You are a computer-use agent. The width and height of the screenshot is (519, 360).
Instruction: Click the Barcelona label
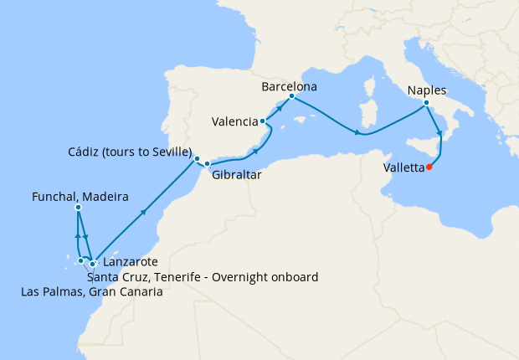[x=289, y=86]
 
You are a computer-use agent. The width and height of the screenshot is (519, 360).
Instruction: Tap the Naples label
[x=427, y=90]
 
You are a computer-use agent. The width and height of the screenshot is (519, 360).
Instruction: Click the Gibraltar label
[x=237, y=176]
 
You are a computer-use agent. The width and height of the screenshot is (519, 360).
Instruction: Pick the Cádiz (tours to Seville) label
[x=130, y=152]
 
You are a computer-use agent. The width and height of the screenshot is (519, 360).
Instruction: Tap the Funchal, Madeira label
[x=79, y=198]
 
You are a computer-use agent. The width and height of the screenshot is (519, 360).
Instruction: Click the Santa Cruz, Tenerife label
[x=202, y=277]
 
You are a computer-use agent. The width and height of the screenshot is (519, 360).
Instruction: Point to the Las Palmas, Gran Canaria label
[x=91, y=292]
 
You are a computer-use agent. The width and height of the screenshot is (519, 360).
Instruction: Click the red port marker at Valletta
[x=429, y=167]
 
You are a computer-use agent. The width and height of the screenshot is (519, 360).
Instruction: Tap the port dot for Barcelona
[x=291, y=96]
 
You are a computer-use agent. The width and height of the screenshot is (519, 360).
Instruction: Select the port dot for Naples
[x=426, y=103]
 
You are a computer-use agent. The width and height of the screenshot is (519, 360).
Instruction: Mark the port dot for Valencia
[x=263, y=121]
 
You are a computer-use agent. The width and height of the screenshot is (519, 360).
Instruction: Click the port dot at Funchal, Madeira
[x=78, y=208]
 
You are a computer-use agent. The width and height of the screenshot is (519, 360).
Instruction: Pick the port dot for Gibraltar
[x=207, y=163]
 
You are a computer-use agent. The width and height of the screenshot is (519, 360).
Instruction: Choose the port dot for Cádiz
[x=197, y=158]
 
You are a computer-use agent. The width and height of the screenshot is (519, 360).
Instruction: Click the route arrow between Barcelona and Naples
[x=357, y=132]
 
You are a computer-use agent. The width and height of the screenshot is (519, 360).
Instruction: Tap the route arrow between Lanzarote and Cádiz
[x=145, y=213]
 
